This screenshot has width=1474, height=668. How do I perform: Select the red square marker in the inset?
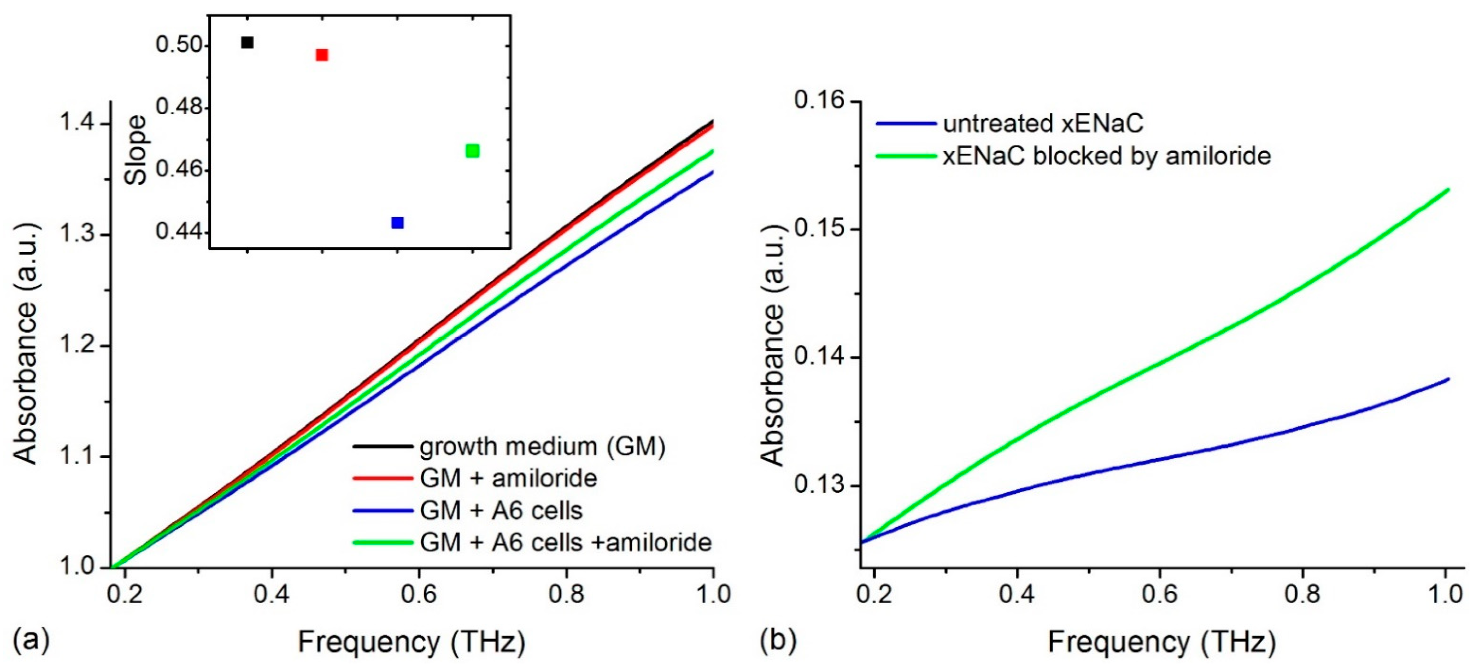point(322,55)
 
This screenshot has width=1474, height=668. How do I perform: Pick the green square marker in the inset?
point(472,150)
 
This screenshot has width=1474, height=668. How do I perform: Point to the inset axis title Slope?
point(136,150)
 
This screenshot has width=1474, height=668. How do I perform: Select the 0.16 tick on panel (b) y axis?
point(819,101)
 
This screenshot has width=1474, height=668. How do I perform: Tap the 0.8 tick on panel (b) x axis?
point(1302,595)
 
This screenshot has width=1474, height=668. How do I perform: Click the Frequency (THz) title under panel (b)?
point(1162,642)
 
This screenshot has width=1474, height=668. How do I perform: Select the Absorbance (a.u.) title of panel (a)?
point(25,343)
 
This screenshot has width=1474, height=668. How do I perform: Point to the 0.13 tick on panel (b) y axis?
point(819,486)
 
